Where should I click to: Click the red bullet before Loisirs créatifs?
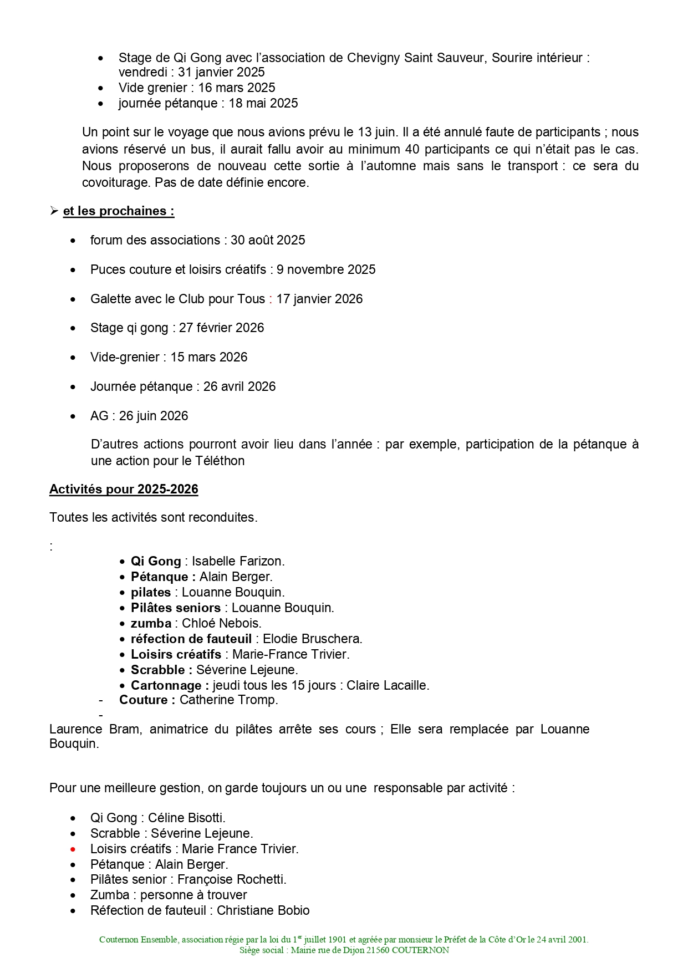[73, 849]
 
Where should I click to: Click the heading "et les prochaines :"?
[119, 211]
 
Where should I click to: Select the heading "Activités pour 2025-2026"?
[124, 489]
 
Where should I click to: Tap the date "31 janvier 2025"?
[221, 72]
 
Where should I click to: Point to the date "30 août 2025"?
[268, 240]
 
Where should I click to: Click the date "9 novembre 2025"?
[326, 269]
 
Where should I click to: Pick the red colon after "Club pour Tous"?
[271, 299]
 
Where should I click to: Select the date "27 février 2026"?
[221, 328]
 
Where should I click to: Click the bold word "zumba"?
[151, 623]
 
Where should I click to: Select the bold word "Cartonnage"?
[166, 685]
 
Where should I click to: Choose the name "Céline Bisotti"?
[185, 818]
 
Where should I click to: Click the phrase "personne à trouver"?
[193, 895]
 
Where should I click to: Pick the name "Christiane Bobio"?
[263, 910]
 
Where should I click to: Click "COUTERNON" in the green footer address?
[420, 950]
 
